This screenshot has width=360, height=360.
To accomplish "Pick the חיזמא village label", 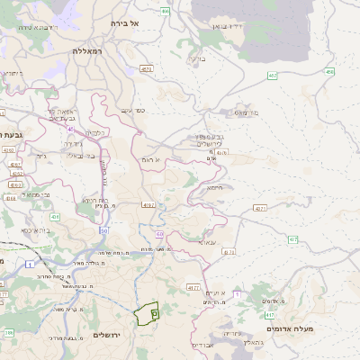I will coord(214,188).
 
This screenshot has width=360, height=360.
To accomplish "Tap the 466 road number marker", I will coord(165,11).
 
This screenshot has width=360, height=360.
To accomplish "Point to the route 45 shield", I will coord(69,129).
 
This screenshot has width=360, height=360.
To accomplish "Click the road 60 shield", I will coord(159,234).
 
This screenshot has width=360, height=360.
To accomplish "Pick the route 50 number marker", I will coord(104,231).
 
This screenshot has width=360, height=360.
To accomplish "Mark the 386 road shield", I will coord(9,333).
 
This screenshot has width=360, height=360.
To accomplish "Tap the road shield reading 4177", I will coord(193,287).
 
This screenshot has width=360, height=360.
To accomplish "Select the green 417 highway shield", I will coord(270,315).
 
